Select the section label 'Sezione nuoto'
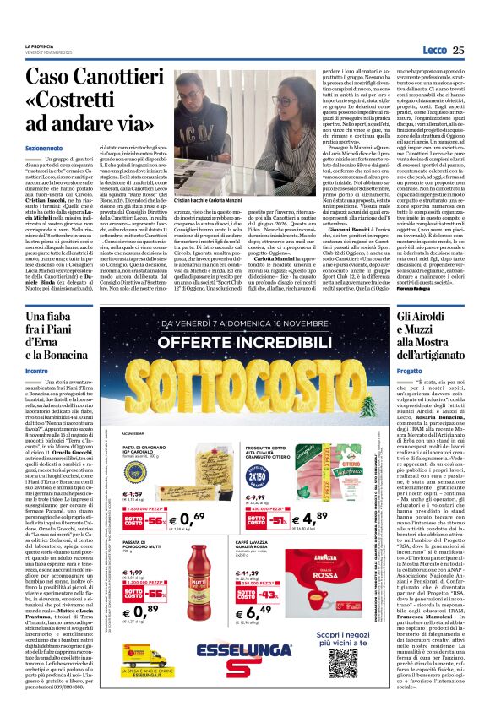pyautogui.click(x=42, y=147)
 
